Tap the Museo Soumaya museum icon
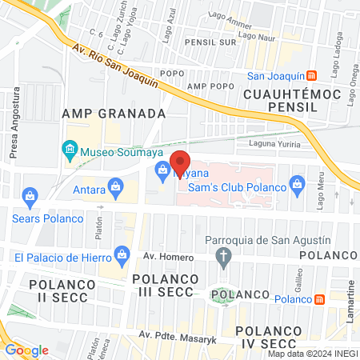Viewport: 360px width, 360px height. [x=70, y=150]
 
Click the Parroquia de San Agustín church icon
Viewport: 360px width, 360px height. [x=225, y=257]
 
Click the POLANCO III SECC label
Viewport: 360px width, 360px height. [x=163, y=286]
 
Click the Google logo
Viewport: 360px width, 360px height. [x=26, y=350]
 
